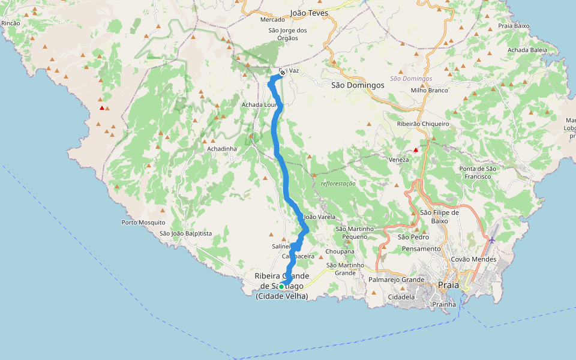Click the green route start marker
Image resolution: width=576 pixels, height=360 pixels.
coord(281,286)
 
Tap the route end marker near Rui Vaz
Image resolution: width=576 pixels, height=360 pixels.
coord(282,73)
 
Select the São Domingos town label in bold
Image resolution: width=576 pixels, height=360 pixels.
coord(358,85)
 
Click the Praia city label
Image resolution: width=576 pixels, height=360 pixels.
coord(449,285)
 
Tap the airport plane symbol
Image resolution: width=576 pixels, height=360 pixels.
coord(492,240)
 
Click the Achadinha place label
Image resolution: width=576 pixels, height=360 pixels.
coord(222,149)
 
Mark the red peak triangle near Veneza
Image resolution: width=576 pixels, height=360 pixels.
coord(415,149)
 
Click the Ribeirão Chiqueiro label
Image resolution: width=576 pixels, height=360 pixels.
coord(423,124)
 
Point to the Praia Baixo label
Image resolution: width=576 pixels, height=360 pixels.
coord(514,26)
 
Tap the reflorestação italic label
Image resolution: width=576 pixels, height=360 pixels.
coord(338,184)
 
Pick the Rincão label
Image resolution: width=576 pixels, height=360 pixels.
coord(11,23)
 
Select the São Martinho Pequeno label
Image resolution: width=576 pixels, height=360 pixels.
coord(355,232)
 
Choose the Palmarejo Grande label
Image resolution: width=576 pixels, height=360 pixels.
coord(397,280)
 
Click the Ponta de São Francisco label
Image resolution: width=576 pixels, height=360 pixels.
coord(479,173)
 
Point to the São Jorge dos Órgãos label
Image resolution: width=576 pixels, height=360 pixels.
coord(287,34)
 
